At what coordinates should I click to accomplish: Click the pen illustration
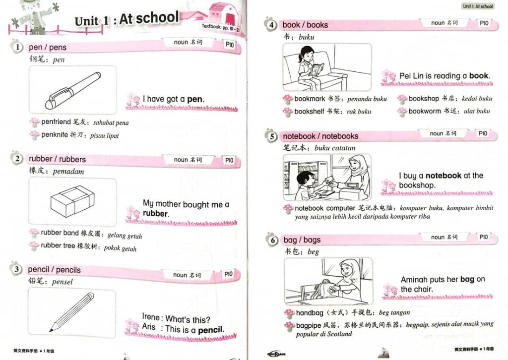coord(73,90)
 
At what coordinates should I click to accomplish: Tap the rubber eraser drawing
coord(72,201)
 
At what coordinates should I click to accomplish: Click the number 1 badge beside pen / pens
coord(17,47)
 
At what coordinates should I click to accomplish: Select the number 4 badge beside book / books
coord(271,25)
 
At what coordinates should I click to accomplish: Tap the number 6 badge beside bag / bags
coord(272,240)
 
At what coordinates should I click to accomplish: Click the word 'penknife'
coord(55,134)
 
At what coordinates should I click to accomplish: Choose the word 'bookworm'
coord(425,111)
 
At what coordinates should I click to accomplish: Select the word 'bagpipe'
coord(308,325)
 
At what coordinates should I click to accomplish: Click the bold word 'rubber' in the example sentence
coord(155,214)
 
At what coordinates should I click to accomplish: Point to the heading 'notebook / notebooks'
coord(320,136)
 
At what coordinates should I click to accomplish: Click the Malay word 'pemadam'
coord(68,172)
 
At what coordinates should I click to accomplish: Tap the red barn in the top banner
coord(224,14)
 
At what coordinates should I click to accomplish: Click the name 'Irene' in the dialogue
coord(151,317)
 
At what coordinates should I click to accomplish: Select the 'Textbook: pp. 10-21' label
coord(221,27)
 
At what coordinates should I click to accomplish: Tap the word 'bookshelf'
coord(309,112)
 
